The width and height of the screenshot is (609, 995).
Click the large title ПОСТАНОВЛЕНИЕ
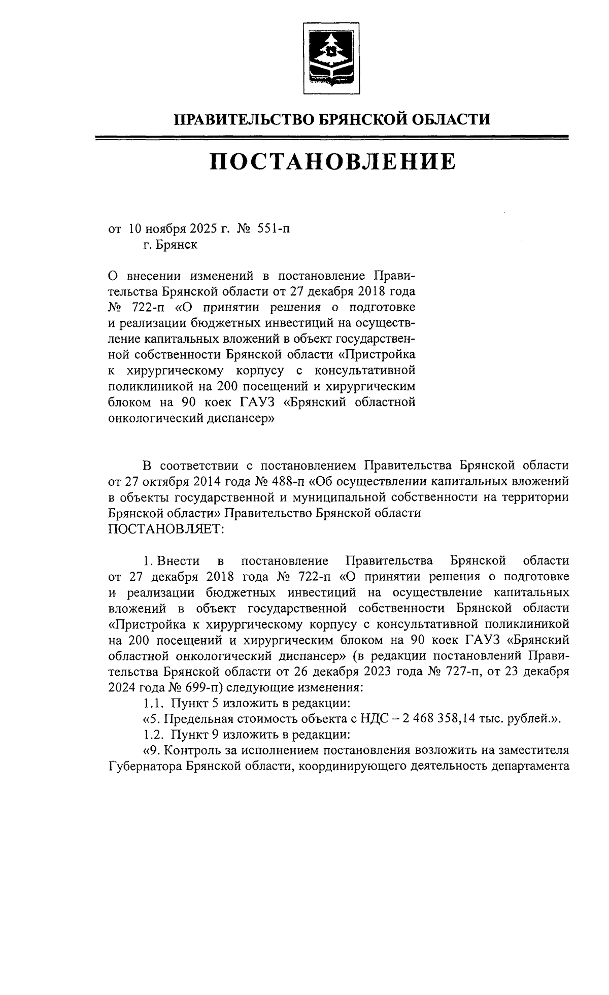pyautogui.click(x=333, y=161)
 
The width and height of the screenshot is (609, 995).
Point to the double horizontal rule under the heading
pyautogui.click(x=333, y=137)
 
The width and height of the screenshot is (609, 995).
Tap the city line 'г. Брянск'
pyautogui.click(x=171, y=245)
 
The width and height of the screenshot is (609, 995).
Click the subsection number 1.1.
pyautogui.click(x=153, y=703)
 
